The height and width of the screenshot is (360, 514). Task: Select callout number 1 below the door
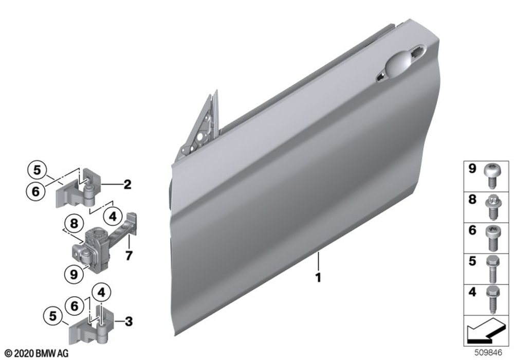(x=318, y=278)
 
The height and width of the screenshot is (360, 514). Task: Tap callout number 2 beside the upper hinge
(x=127, y=184)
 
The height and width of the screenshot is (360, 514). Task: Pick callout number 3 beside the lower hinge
(x=129, y=321)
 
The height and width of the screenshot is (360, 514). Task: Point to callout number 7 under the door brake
(x=129, y=255)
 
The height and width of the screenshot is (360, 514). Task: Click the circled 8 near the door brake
(x=74, y=224)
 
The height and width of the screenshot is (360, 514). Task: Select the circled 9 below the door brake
(x=74, y=274)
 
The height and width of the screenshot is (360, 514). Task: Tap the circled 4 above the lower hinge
(x=102, y=292)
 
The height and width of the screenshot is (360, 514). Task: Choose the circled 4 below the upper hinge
(x=113, y=217)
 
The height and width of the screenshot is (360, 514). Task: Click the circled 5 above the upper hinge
(x=36, y=170)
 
